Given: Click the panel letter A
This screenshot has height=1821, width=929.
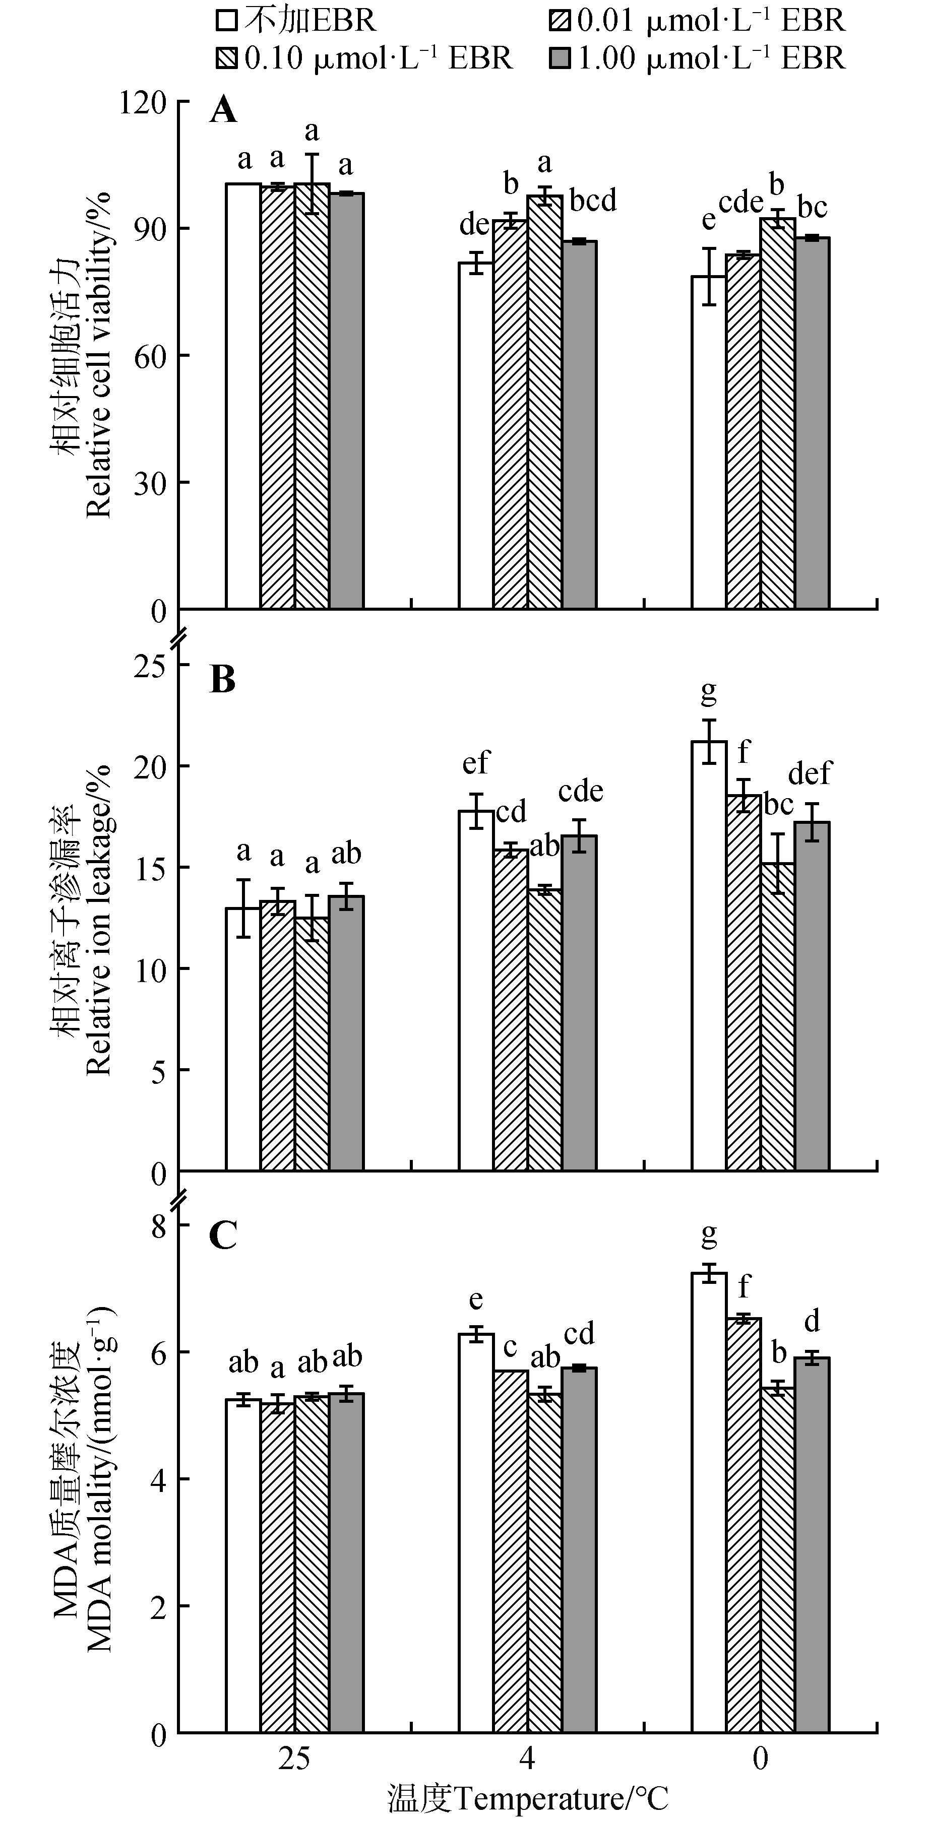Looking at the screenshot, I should point(223,111).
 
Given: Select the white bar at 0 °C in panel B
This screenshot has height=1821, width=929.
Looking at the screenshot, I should point(709,954).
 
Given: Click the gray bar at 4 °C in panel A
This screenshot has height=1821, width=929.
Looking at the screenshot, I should point(580,424).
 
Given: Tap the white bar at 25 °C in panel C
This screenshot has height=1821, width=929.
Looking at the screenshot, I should point(243,1566).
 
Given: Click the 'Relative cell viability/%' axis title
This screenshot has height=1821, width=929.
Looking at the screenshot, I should point(99,353).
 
